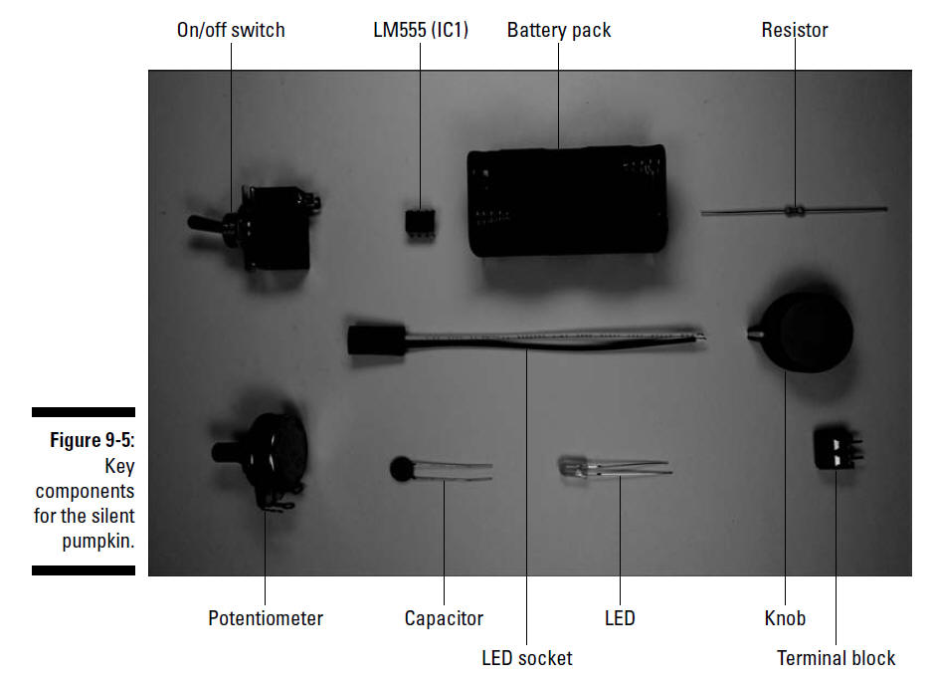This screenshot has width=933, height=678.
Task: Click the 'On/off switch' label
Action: (x=231, y=30)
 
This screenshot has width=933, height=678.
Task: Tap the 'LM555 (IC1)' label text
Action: (x=421, y=30)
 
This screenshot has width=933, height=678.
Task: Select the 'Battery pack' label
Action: (x=559, y=30)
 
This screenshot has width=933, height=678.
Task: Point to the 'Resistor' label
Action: (x=795, y=30)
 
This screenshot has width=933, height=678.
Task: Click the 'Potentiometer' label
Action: (x=266, y=618)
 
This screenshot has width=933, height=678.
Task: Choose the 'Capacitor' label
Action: (x=444, y=618)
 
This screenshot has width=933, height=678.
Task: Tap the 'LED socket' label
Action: (x=526, y=658)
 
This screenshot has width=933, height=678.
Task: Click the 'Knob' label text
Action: (x=785, y=618)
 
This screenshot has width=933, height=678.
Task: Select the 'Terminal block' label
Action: (x=836, y=658)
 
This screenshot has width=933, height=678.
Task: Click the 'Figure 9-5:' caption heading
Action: (x=93, y=440)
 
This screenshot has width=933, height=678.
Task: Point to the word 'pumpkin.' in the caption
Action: (x=98, y=541)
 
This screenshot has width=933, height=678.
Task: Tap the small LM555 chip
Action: (x=420, y=223)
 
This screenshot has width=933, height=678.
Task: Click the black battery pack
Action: (x=567, y=201)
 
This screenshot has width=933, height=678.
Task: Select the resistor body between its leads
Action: (x=795, y=210)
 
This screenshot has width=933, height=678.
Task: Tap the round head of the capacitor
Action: (x=403, y=469)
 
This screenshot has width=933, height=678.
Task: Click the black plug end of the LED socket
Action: (x=377, y=340)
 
